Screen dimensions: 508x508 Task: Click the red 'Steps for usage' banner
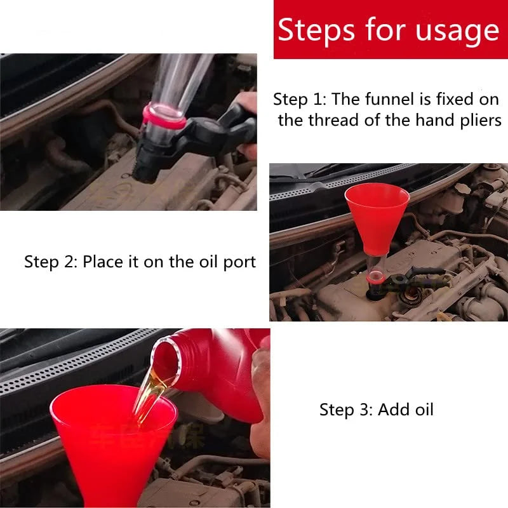[x=389, y=30]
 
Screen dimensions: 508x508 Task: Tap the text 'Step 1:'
[x=300, y=99]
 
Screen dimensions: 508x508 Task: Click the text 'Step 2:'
[x=51, y=262]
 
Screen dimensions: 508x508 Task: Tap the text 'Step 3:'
[x=346, y=410]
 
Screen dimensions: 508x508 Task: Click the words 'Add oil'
[x=406, y=410]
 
